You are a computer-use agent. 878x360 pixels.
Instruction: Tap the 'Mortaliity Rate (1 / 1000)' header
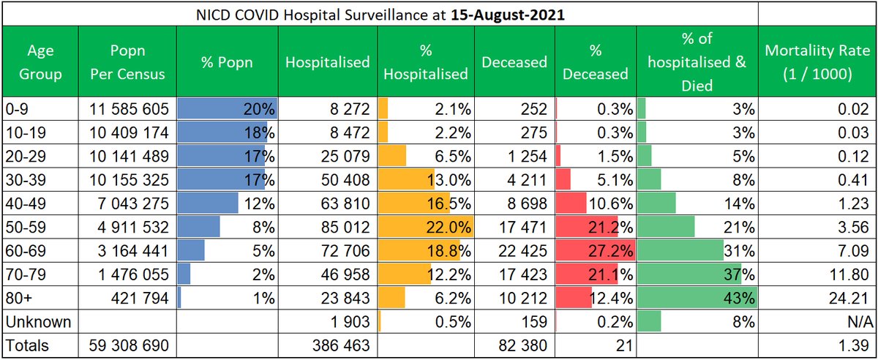(817, 63)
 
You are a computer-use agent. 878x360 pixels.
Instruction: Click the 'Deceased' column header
(514, 62)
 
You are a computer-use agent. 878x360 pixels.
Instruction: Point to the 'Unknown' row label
(37, 322)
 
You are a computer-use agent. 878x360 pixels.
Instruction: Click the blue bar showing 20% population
(227, 109)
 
